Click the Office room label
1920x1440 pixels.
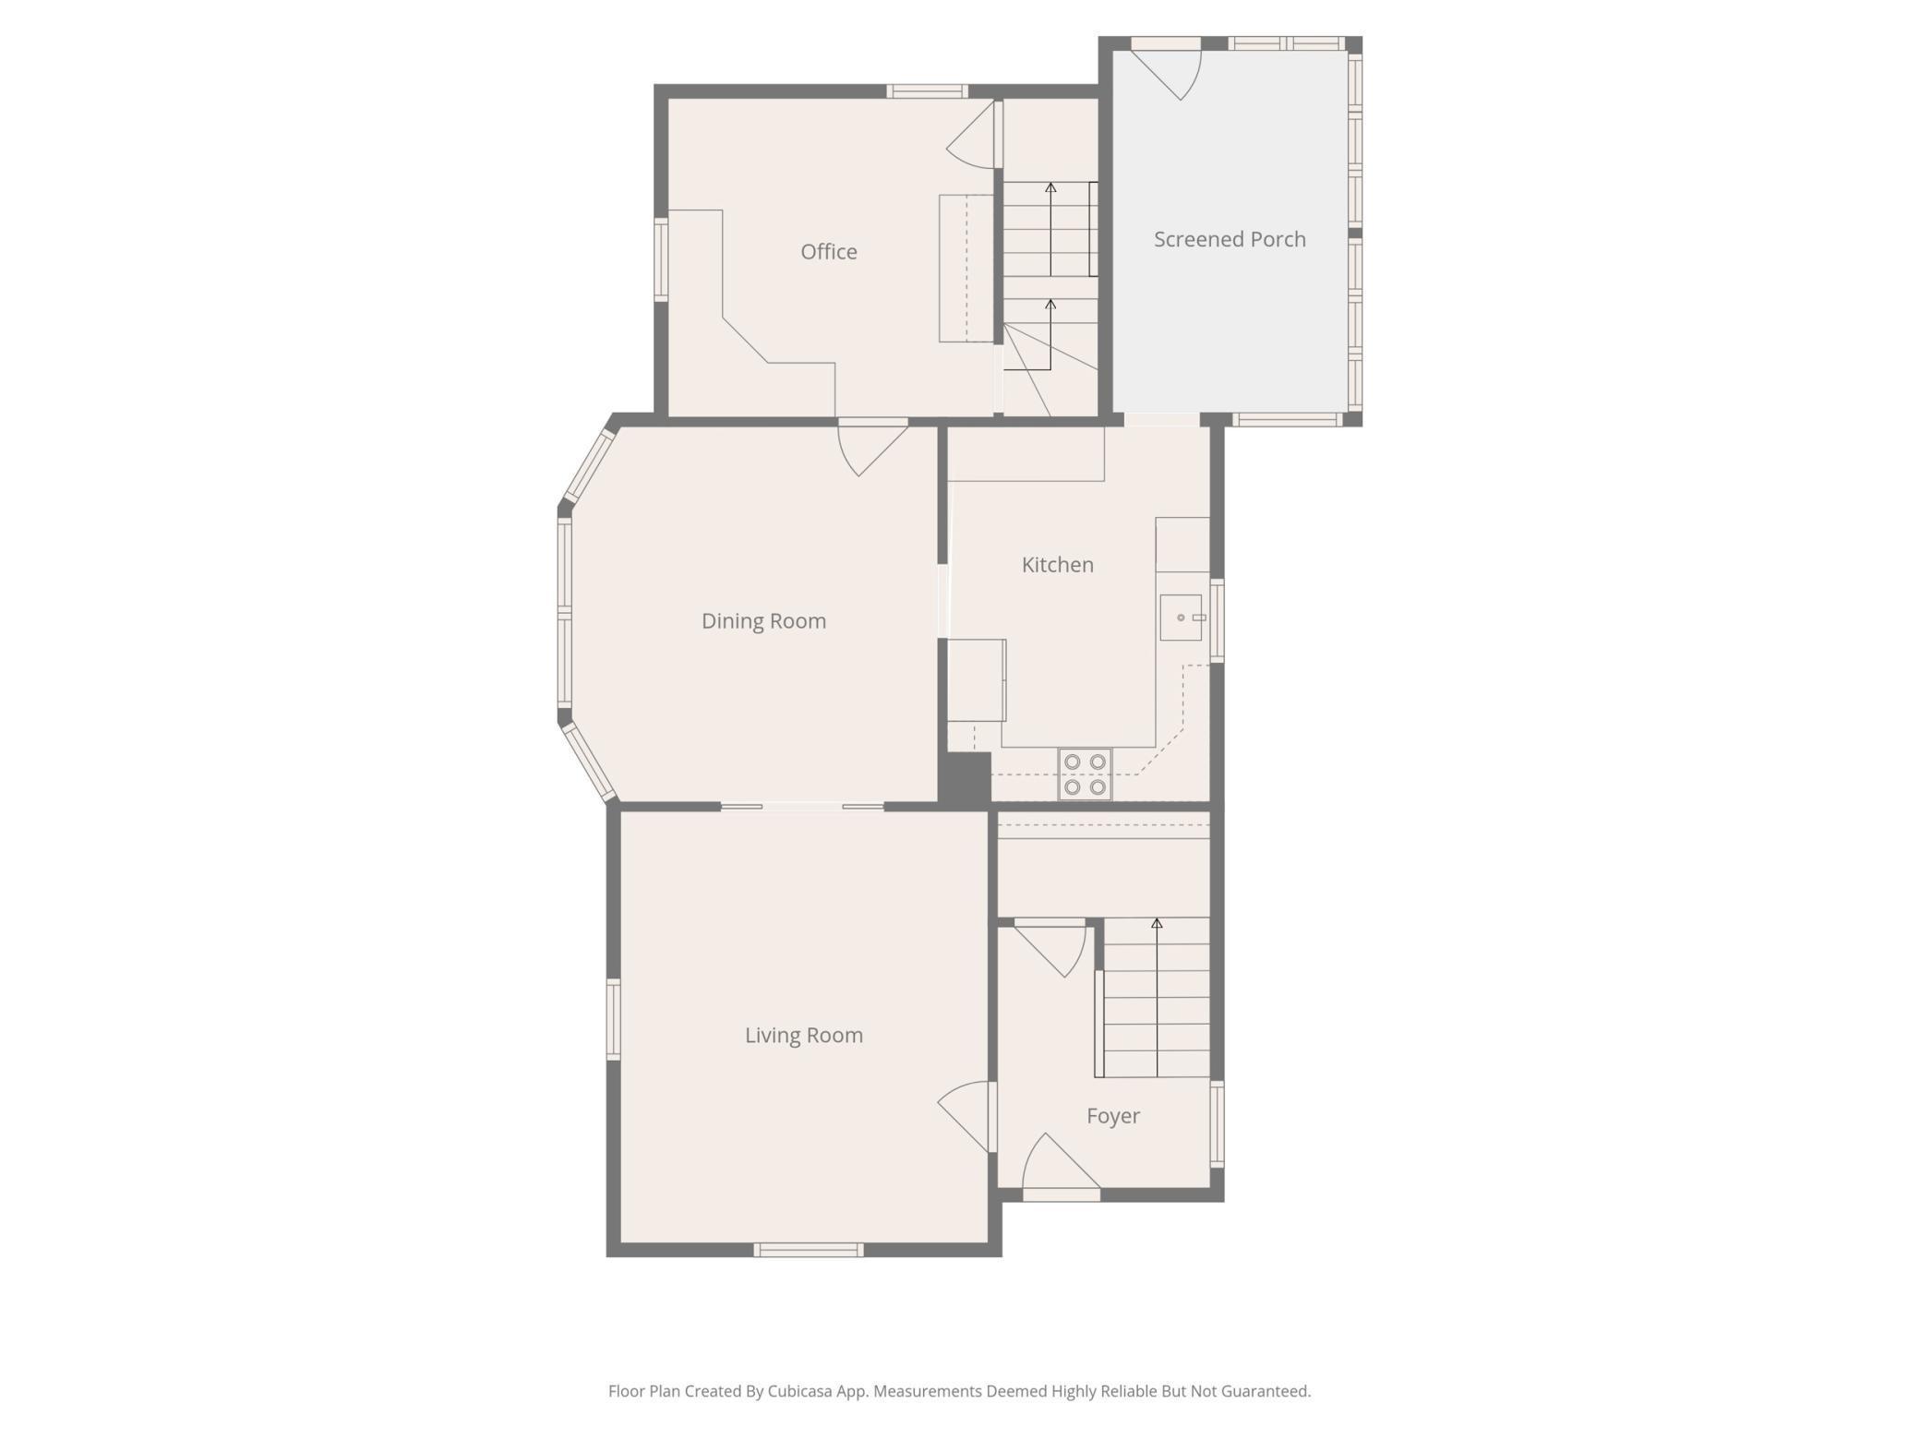click(828, 252)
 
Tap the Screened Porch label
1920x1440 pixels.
click(1230, 239)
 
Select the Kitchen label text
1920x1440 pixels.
click(1057, 565)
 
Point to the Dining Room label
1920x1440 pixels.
click(763, 621)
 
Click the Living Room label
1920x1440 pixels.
click(804, 1036)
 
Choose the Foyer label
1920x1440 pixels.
click(1113, 1116)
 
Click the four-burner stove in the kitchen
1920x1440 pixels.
click(1085, 774)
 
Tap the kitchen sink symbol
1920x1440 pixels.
click(1181, 618)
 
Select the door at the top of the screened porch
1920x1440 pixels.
click(1165, 70)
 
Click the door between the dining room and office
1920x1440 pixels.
click(873, 447)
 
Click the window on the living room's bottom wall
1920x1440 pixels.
click(809, 1250)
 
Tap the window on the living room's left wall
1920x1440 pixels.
click(613, 1019)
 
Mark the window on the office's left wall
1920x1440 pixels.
click(661, 259)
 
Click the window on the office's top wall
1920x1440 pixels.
click(928, 90)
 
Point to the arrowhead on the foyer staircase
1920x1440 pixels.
click(1157, 923)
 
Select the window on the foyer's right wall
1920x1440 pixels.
click(1217, 1124)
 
